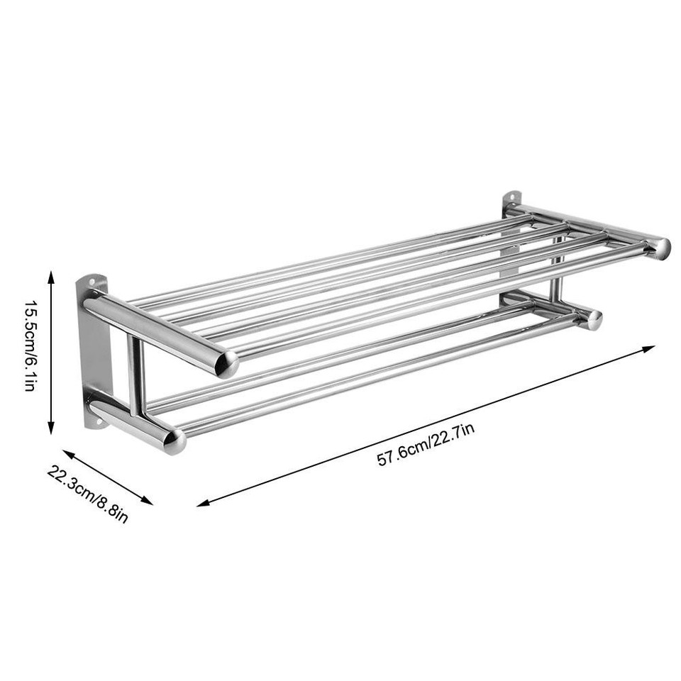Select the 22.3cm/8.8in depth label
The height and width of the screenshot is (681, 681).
88,493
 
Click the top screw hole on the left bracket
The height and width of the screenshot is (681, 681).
93,282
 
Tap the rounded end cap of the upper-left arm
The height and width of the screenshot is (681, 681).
227,363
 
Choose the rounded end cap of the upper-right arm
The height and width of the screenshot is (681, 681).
660,248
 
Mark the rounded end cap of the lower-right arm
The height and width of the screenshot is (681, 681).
593,319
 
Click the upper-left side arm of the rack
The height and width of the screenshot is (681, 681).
156,330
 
